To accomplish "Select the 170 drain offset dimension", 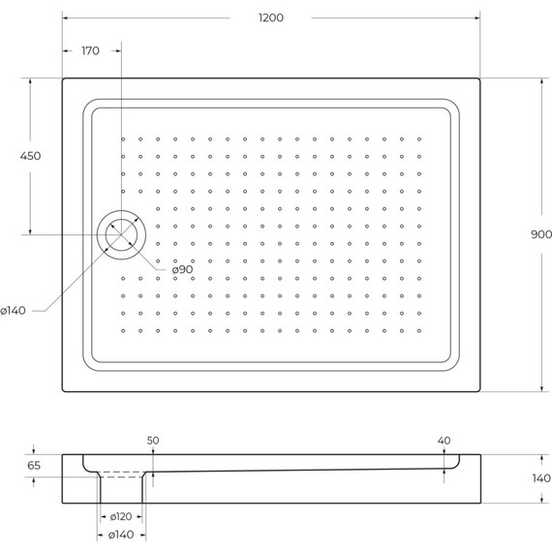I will tap(91, 50).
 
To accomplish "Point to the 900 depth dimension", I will tap(541, 234).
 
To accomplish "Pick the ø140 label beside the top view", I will tap(14, 310).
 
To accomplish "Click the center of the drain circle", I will tap(121, 234).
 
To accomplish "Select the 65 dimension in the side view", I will tap(34, 466).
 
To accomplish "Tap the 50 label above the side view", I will tap(153, 441).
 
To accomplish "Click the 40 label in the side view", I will tap(444, 441).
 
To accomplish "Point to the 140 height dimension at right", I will tap(540, 478).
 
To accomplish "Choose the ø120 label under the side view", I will tap(121, 517).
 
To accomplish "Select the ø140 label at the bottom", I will tap(121, 535).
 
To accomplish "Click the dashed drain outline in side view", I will tap(122, 475).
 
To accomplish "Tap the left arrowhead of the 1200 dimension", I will tap(65, 18).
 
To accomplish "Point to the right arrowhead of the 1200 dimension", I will tap(478, 18).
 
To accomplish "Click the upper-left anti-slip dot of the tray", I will tap(124, 139).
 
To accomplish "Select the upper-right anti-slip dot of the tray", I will tap(418, 139).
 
